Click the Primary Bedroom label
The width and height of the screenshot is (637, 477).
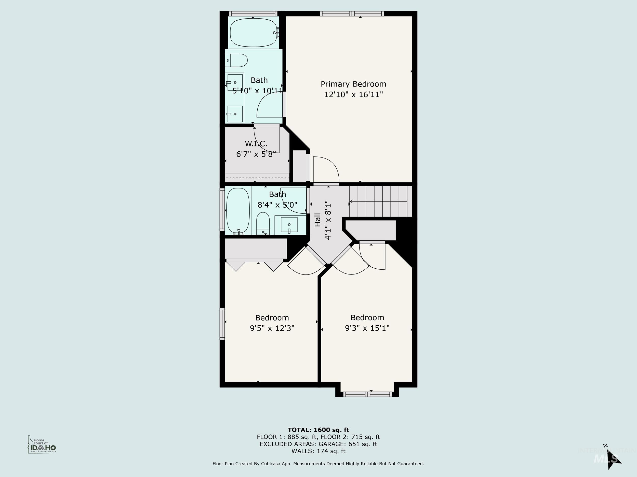(x=353, y=84)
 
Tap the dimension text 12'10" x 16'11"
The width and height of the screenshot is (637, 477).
(x=353, y=95)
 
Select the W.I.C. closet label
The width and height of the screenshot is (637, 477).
(x=256, y=143)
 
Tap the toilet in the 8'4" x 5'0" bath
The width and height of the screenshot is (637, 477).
(x=263, y=224)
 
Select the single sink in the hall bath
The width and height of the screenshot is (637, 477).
(x=289, y=225)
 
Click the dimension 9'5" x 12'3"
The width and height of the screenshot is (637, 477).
(x=272, y=328)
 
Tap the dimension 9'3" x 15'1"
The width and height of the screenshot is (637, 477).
(x=367, y=328)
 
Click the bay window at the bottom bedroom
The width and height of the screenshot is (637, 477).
(x=368, y=394)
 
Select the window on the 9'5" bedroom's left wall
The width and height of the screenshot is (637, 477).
(x=222, y=323)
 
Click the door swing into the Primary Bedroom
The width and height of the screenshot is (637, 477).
(x=325, y=170)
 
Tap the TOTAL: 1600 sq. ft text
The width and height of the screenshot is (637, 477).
(x=318, y=430)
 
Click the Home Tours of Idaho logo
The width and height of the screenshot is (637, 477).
(x=42, y=445)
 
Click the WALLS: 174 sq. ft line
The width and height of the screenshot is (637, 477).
(x=318, y=451)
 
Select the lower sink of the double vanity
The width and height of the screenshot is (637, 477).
(x=235, y=114)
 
